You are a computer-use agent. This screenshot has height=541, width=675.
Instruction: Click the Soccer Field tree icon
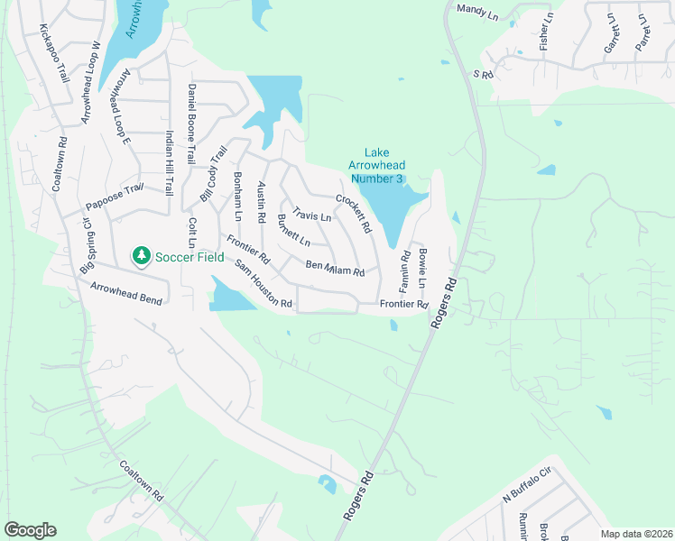point(141,257)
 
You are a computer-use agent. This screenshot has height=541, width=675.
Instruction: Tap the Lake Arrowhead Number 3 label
point(376,166)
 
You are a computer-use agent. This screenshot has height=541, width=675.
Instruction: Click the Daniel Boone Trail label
point(191,124)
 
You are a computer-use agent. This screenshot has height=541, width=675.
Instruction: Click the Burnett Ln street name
point(294,232)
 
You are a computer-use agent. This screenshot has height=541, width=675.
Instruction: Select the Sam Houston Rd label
point(264,284)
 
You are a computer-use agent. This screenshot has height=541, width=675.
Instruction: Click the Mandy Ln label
point(477,10)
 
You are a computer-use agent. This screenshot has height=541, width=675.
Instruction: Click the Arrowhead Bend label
point(125,293)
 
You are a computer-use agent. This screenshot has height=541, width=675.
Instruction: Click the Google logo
point(30,530)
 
